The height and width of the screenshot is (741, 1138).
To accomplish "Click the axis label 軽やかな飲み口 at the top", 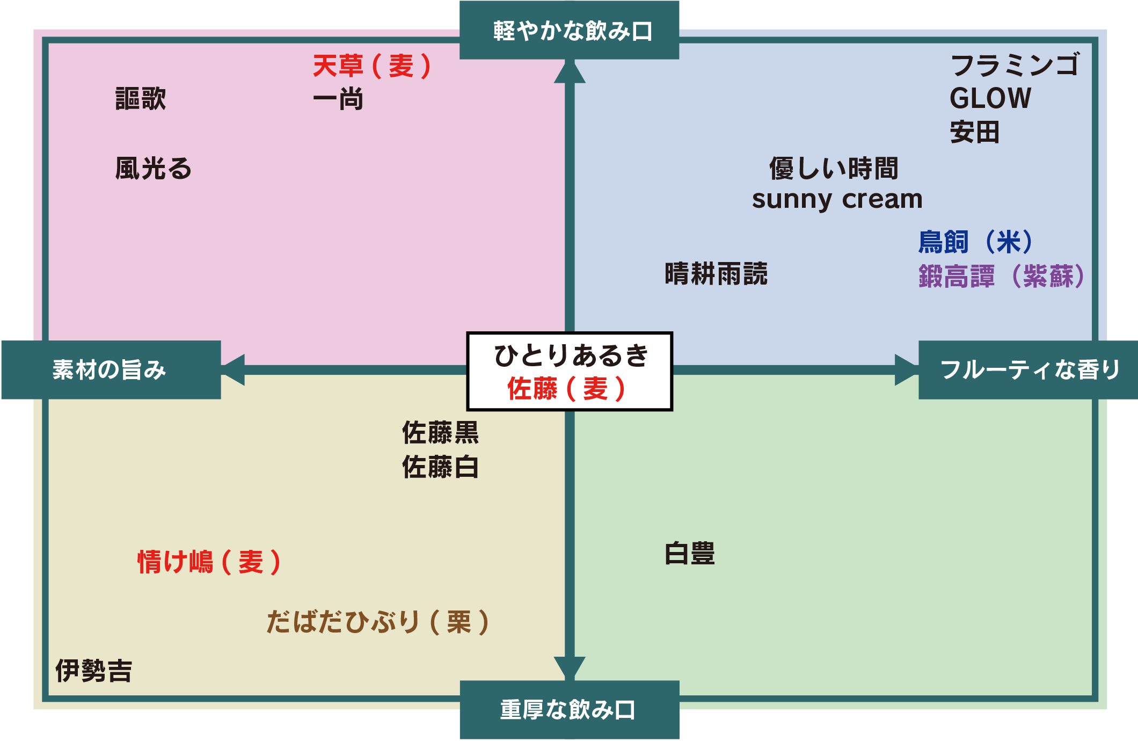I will [x=572, y=31].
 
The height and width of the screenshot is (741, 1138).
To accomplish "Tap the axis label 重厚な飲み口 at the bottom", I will [x=568, y=710].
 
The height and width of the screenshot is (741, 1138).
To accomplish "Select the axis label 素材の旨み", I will [x=110, y=370].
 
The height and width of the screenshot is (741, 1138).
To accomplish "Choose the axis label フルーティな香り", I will [x=1030, y=370].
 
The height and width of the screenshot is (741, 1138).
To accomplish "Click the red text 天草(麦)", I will [x=371, y=67].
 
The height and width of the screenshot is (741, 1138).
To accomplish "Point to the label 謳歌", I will [x=141, y=99].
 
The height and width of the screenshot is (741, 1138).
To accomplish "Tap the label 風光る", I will [x=154, y=169].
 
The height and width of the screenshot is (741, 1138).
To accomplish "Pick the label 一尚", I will [x=338, y=100].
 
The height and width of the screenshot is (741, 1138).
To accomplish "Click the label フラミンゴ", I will [x=1015, y=66].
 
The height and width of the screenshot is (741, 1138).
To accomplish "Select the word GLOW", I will [x=990, y=99].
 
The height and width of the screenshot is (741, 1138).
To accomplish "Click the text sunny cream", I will [x=837, y=200].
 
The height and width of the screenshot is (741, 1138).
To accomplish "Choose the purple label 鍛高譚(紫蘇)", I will [x=1002, y=277].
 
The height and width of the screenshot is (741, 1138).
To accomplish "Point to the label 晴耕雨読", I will [x=716, y=274].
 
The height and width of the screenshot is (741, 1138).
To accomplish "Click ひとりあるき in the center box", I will [x=571, y=355].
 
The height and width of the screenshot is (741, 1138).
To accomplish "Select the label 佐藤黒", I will [x=440, y=433].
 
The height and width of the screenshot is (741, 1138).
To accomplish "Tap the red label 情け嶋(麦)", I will [x=209, y=562].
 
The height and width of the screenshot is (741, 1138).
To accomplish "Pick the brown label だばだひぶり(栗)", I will [x=377, y=622].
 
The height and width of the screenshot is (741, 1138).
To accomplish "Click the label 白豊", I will [x=690, y=554].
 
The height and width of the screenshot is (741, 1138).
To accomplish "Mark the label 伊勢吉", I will [x=94, y=671].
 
